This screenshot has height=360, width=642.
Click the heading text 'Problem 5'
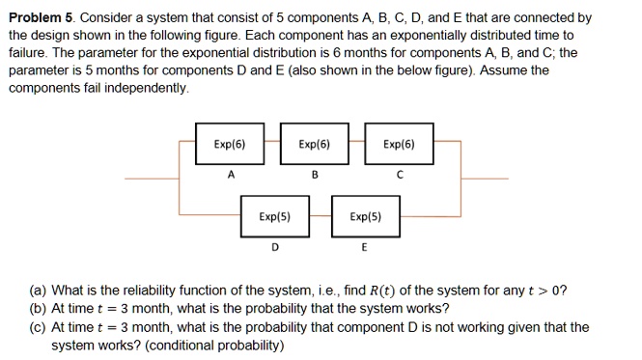[x=39, y=18]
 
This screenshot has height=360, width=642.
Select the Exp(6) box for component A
[x=230, y=145]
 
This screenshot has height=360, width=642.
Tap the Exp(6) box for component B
[x=314, y=145]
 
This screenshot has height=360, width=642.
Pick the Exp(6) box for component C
[x=399, y=145]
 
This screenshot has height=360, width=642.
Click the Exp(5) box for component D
[x=275, y=217]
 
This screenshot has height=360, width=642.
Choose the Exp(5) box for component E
[x=365, y=217]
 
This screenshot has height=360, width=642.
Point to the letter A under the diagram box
[x=230, y=175]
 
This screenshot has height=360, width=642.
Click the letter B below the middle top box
[x=315, y=176]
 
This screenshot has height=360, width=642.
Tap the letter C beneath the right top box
[x=399, y=176]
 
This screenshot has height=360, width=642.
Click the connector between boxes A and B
[x=272, y=144]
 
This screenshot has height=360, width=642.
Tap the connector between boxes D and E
[x=320, y=217]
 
